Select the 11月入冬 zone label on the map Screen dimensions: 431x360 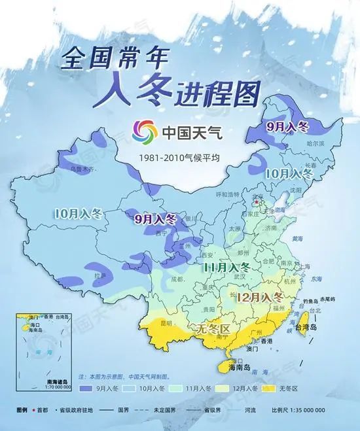226,268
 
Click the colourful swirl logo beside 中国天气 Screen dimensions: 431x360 143,132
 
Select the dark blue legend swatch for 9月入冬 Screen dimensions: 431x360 86,388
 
